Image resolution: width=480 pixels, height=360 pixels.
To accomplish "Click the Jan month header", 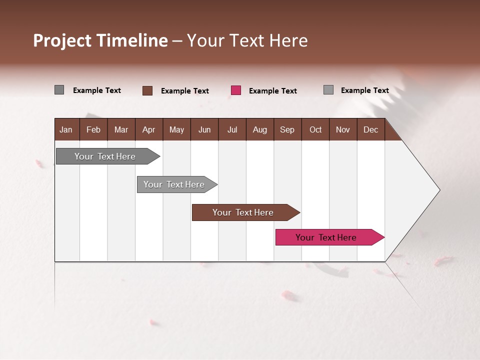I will pos(66,129).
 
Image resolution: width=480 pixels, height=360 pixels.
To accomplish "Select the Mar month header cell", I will pos(121,129).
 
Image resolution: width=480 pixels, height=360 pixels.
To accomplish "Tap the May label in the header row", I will pos(176,129).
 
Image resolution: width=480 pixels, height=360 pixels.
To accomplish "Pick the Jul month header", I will pos(232,129).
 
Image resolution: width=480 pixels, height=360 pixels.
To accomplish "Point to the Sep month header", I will pos(287,129).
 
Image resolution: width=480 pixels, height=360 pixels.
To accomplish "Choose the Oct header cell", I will pos(315,129).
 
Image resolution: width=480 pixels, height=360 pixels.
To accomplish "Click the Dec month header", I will pos(370,129).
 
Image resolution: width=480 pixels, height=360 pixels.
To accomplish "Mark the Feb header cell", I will pos(93,129).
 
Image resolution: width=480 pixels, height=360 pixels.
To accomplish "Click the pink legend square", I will pos(236,90).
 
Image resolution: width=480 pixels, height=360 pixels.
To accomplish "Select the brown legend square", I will pos(147,90).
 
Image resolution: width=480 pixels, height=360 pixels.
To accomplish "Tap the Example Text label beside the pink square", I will pos(272,91).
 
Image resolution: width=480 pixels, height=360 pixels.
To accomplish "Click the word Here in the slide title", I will pos(288,40).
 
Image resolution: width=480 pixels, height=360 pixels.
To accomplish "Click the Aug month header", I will pos(259,129).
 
